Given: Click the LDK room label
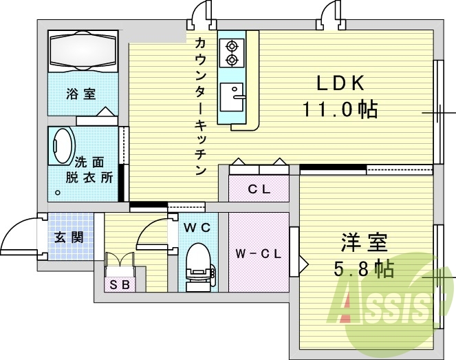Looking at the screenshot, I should (339, 83).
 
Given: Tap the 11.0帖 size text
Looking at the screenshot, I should (339, 109).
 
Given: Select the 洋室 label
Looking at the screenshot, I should (365, 243).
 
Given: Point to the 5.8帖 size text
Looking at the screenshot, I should (365, 268).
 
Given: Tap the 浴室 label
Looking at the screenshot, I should (80, 94).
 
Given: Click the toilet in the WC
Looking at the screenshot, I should (199, 262).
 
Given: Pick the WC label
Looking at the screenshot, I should (197, 226).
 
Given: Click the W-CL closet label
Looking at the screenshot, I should (258, 253).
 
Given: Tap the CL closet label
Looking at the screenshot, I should (259, 189).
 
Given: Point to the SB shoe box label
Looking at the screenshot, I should (120, 284).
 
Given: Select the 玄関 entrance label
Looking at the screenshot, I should (69, 237).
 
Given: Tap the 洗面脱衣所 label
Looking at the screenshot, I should (89, 169).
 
